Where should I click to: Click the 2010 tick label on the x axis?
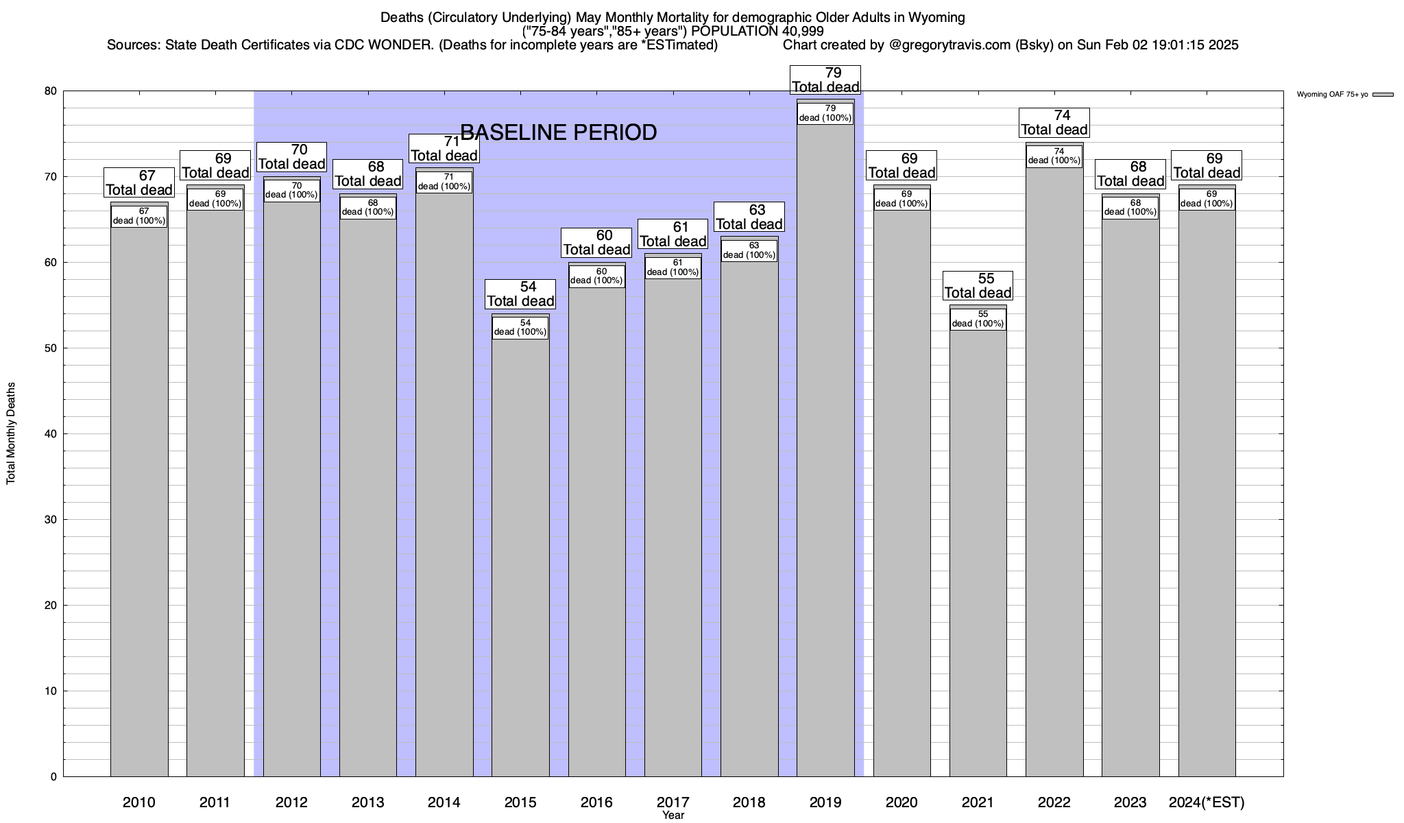139,802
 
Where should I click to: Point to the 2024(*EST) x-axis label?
1207,802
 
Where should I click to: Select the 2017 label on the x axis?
673,802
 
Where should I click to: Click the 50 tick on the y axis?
51,348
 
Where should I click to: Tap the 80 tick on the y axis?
51,91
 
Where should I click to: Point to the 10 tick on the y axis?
51,691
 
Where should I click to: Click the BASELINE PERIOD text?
558,132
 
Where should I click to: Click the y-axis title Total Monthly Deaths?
11,433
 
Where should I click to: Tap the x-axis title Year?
673,815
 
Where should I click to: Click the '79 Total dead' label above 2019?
825,80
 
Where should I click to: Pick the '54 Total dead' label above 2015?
520,294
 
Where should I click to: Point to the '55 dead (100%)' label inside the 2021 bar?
978,319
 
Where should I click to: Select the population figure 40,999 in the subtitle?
801,31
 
